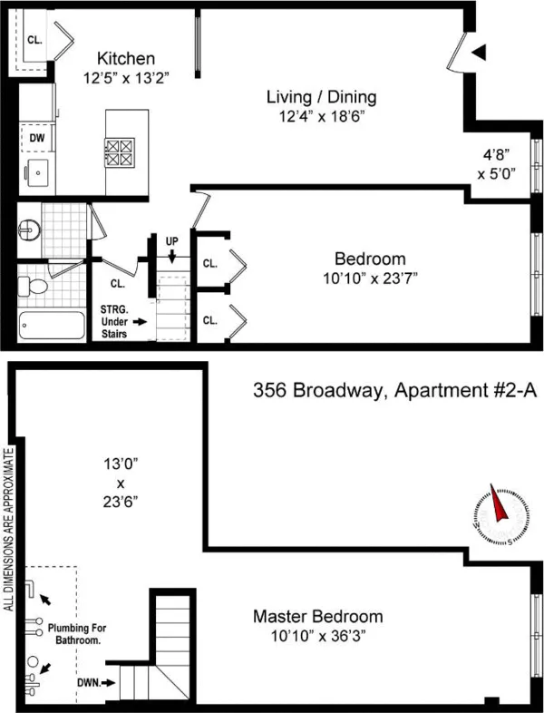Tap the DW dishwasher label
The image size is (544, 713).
(37, 137)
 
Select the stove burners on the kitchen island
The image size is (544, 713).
(118, 151)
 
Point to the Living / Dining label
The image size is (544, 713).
(321, 97)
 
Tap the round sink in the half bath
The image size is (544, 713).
(27, 230)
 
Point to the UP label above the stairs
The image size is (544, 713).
(172, 241)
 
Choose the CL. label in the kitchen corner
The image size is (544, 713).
(34, 40)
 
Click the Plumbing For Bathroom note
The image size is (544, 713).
(83, 633)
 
